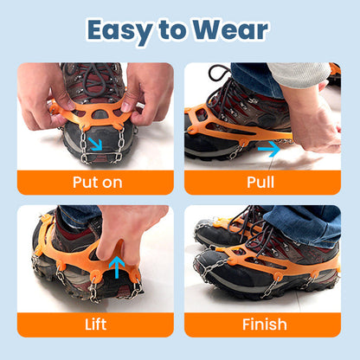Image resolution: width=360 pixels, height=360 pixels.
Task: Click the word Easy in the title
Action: pos(125,29)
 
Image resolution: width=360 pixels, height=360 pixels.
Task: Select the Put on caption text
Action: pos(95,183)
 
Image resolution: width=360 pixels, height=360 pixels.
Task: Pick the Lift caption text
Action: pos(95,325)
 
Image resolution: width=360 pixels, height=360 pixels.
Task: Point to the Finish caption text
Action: pos(264,325)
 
